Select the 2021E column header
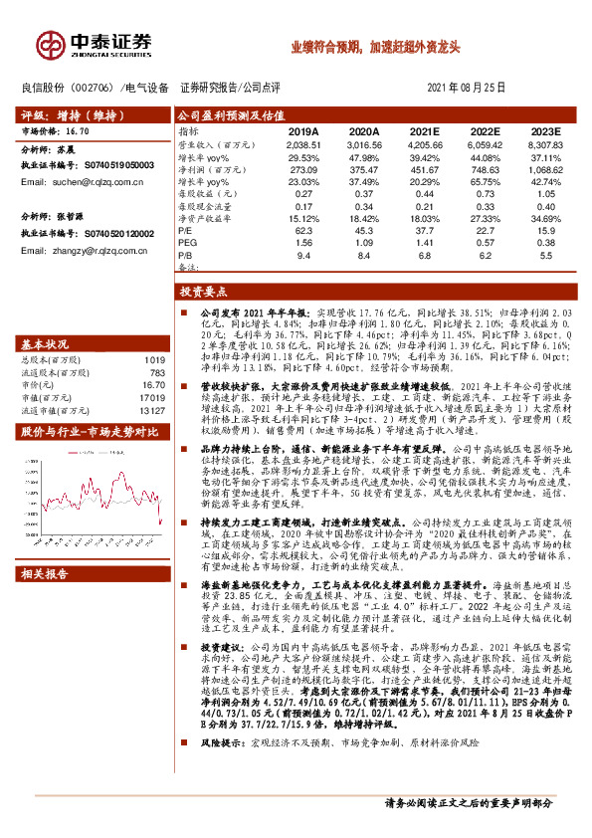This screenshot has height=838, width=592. (424, 131)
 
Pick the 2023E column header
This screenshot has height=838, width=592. (545, 131)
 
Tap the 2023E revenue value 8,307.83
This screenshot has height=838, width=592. (545, 144)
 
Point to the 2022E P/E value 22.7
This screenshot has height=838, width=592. (485, 228)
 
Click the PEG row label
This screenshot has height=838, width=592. (186, 242)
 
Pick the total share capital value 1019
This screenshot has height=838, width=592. (154, 359)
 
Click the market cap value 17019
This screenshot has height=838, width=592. (151, 395)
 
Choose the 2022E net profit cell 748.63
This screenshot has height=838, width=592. (485, 170)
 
